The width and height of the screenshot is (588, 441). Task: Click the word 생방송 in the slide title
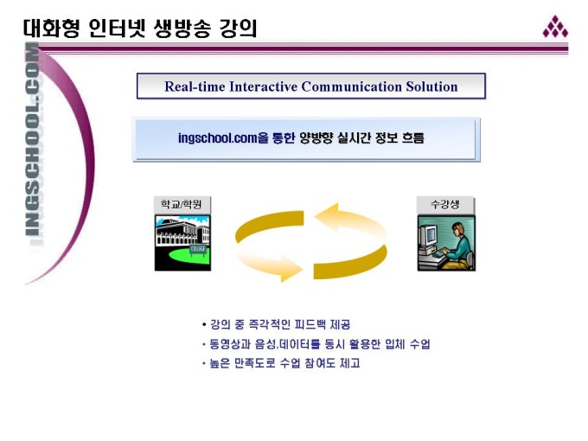182,29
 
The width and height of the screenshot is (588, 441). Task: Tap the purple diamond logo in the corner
555,27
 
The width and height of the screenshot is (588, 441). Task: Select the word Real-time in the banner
195,86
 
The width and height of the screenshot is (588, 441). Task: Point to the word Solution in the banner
431,86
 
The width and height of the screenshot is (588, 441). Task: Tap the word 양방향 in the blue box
316,138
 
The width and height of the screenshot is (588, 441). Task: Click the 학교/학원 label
182,204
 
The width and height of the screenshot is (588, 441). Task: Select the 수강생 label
445,204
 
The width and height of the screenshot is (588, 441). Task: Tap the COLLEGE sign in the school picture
198,249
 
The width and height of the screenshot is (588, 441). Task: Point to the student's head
458,228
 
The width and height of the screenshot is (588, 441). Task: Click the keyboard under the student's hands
438,254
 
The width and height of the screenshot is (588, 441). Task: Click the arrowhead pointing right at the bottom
291,269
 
